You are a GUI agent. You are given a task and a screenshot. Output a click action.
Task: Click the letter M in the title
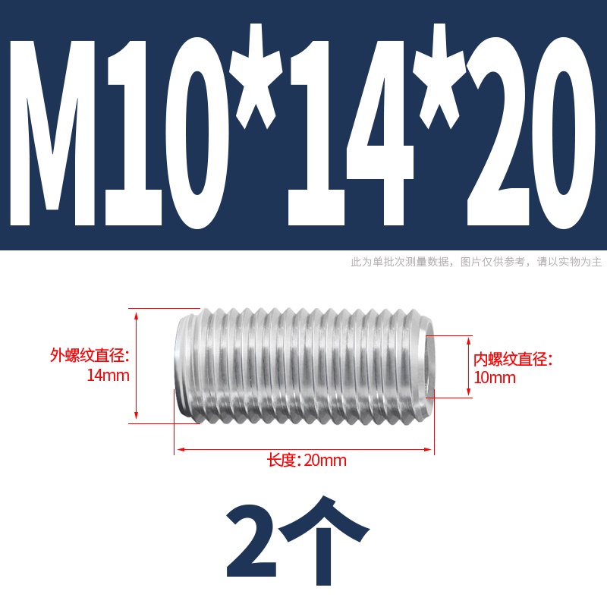(x=52, y=132)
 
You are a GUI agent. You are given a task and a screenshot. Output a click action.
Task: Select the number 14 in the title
(x=351, y=132)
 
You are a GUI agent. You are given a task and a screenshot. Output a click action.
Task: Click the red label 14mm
(x=108, y=376)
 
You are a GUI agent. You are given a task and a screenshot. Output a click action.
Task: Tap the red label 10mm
(x=495, y=378)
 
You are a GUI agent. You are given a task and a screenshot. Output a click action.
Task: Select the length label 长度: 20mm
(x=307, y=461)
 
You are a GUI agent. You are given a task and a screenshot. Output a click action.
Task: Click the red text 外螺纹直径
(x=87, y=355)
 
